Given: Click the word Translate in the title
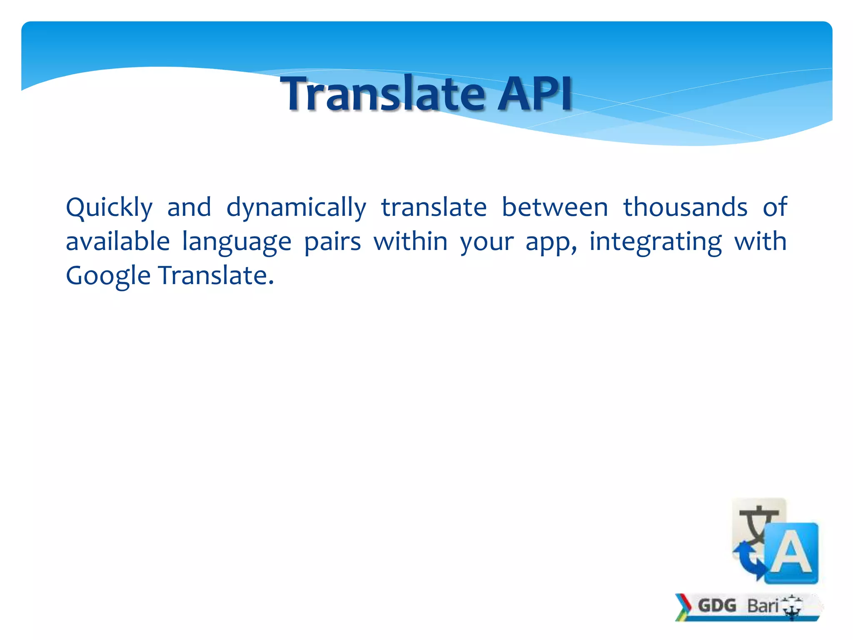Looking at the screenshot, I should point(384,94).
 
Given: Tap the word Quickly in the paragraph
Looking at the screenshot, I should point(109,207).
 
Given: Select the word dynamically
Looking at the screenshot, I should point(296,207).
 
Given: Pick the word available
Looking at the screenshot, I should point(118,241).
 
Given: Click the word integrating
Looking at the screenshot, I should point(655,242).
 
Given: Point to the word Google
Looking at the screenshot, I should point(108,276).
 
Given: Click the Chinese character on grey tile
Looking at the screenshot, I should point(756,524).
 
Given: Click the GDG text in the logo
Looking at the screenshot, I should point(717,605).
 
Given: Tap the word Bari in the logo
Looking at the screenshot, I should point(763,605).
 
